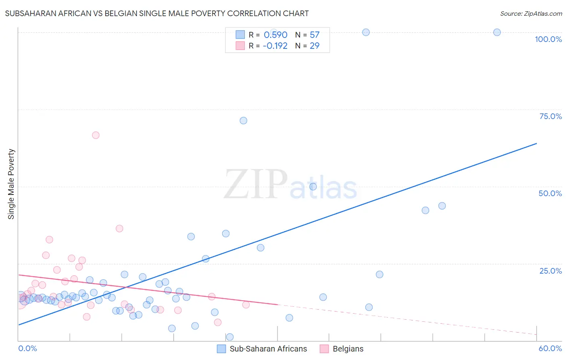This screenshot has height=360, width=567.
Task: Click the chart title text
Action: [157, 13]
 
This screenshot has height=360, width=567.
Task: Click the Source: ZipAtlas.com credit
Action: [531, 13]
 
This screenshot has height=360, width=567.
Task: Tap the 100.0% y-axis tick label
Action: [548, 39]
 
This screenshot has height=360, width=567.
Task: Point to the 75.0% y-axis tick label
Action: [550, 116]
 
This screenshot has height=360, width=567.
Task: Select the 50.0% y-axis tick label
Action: [550, 193]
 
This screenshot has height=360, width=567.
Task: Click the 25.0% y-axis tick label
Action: [550, 270]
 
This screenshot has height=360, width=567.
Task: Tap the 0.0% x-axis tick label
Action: [27, 348]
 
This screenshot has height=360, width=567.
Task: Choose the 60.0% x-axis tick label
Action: [550, 348]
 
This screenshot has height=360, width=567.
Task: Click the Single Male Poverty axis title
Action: [11, 184]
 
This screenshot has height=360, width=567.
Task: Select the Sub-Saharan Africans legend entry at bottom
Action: [262, 349]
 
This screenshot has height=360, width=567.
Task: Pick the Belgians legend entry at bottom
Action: [342, 349]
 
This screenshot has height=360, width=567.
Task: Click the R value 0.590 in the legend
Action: [275, 35]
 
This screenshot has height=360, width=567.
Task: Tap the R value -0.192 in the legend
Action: [275, 46]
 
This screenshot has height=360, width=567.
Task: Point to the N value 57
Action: [315, 35]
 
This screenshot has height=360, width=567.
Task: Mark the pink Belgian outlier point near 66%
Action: [96, 135]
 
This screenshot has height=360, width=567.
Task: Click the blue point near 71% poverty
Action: [243, 121]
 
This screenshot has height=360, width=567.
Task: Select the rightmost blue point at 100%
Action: [497, 32]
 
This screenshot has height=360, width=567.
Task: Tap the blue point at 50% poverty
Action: [313, 186]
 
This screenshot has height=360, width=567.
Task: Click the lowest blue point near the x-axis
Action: [230, 337]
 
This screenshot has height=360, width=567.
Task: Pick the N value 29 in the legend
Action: [315, 46]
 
